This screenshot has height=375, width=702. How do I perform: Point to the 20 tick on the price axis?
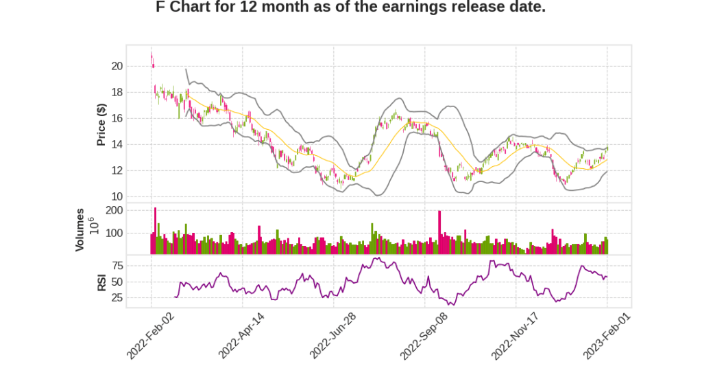coord(117,67)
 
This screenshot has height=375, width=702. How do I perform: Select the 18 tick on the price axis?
coord(117,93)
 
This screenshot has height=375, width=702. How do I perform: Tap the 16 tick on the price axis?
coord(117,119)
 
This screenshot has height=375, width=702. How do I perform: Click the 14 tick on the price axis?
coord(117,145)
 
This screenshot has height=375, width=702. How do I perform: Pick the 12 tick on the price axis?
coord(117,171)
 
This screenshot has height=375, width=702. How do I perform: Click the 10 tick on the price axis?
coord(117,197)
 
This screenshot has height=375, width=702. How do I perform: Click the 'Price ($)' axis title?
coord(101,124)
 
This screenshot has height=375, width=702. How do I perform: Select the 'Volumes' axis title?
coord(80,229)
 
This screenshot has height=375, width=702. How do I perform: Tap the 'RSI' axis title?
coord(101,282)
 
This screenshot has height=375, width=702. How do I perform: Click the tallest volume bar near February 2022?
coord(156,231)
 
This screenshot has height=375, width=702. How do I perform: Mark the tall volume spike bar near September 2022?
coord(439,232)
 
